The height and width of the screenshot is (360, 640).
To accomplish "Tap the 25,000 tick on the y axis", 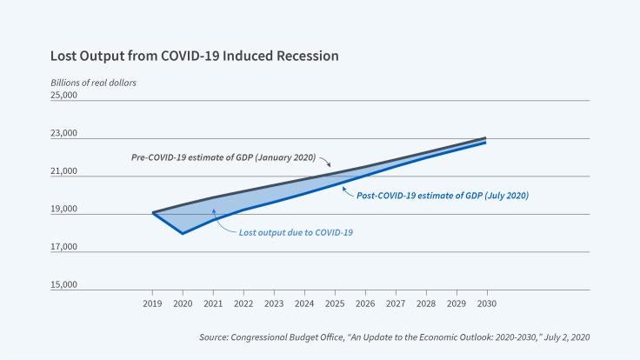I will tap(65, 95).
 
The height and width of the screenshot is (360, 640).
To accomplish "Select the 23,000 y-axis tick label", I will tap(65, 134).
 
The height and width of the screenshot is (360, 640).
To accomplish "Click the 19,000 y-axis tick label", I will tap(65, 210).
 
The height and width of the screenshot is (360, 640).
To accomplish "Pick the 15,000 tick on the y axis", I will tap(65, 285).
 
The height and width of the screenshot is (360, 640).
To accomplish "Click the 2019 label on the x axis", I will tap(152, 303).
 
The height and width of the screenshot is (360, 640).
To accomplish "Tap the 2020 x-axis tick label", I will tap(183, 303).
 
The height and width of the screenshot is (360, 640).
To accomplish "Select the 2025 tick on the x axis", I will tap(334, 303).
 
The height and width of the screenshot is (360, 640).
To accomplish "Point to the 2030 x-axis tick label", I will tap(485, 303).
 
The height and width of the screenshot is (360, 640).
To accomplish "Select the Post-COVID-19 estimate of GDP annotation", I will tap(443, 196).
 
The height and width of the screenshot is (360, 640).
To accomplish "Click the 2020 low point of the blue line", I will tap(183, 233).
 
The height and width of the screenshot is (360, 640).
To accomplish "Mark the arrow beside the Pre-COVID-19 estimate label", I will tap(325, 163).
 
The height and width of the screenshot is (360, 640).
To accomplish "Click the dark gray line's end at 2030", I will tap(485, 137).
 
